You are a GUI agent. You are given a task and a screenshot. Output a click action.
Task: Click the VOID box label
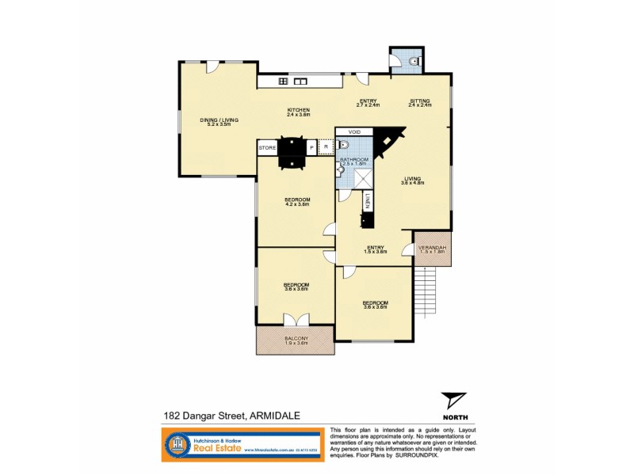[x=354, y=132]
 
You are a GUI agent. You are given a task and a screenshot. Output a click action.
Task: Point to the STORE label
[x=267, y=147]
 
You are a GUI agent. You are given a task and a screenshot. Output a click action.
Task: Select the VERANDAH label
[x=432, y=249]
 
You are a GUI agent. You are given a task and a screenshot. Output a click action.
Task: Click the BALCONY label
[x=294, y=340]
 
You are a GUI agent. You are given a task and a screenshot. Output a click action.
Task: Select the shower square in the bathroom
[x=364, y=179]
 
